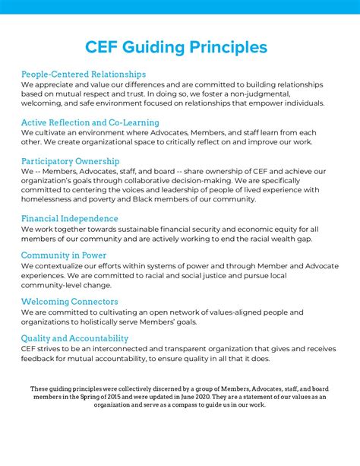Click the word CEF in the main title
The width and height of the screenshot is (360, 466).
[x=111, y=47]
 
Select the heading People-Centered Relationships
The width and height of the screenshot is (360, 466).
[x=84, y=74]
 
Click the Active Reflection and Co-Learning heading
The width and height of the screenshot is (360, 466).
[x=90, y=122]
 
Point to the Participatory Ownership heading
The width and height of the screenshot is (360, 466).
[x=71, y=160]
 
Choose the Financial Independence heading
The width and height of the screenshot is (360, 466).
[x=70, y=218]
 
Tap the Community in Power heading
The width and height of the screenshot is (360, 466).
[x=64, y=255]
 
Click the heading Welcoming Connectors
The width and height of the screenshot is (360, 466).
[x=70, y=302]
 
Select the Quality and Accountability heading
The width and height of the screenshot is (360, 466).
[x=75, y=338]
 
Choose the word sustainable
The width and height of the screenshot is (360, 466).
[x=144, y=229]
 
